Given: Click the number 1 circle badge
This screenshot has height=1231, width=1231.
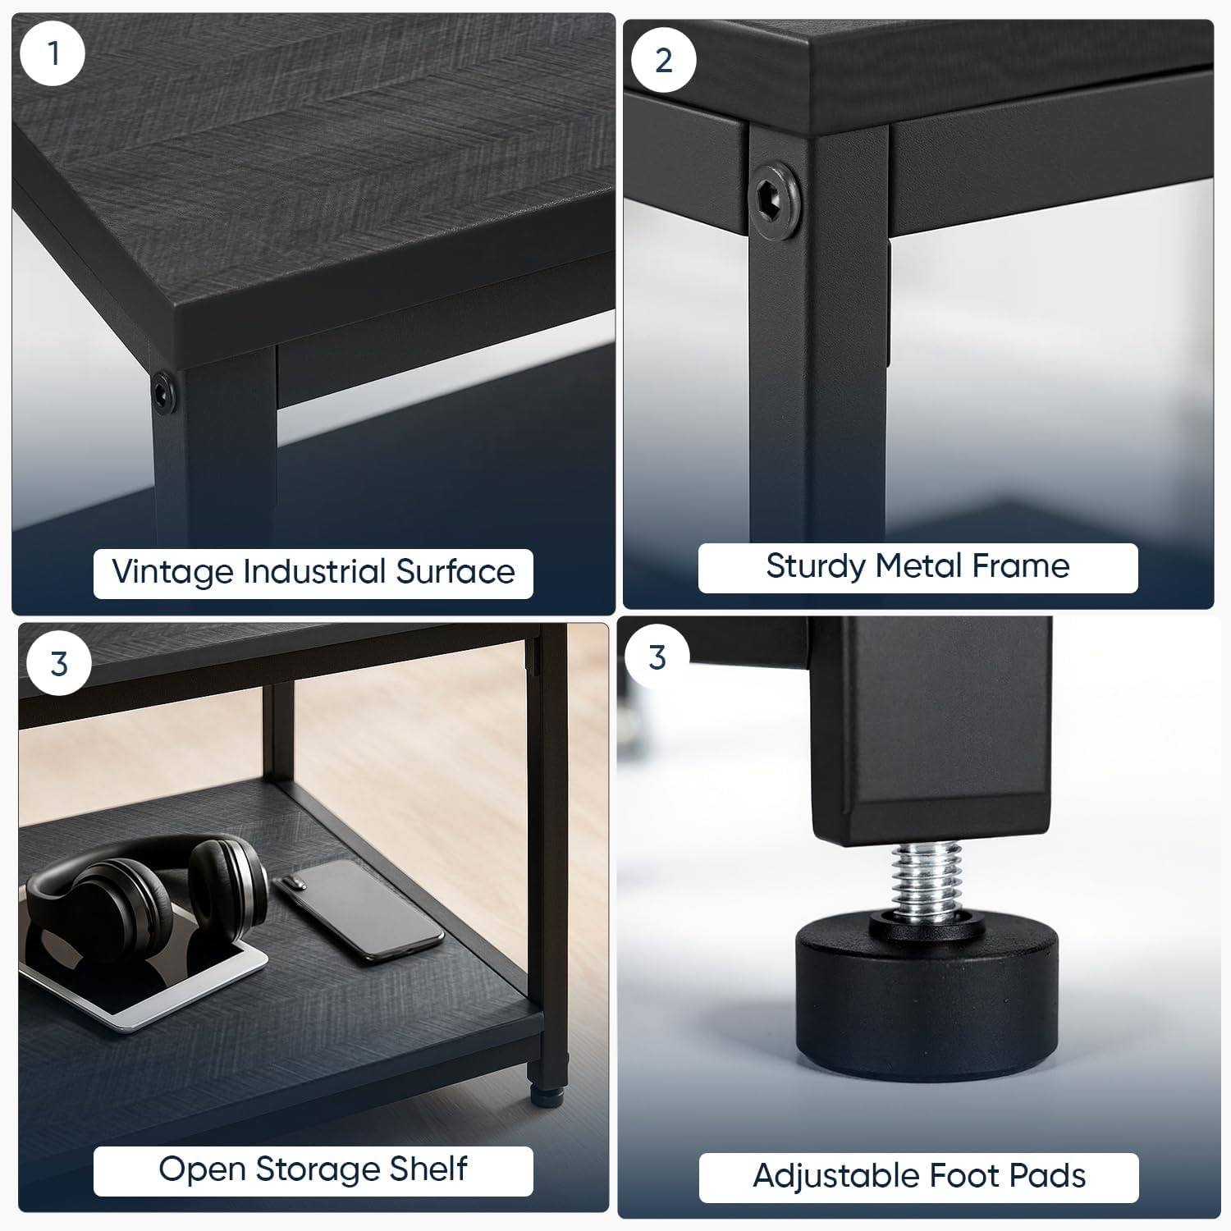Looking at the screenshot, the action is (53, 53).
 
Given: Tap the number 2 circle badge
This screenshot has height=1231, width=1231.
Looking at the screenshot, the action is (664, 60).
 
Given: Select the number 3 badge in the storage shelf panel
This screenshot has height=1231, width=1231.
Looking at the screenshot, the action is (59, 663).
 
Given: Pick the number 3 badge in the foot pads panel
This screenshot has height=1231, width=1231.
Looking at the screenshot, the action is (657, 657).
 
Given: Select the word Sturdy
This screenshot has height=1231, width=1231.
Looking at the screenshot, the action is (817, 566).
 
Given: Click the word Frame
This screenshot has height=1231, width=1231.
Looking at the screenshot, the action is (1021, 565).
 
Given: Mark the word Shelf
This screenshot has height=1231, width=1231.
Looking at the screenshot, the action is (427, 1169).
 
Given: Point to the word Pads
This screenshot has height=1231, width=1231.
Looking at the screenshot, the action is (1047, 1176).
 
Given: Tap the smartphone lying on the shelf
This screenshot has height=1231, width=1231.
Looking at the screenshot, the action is (359, 908).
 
